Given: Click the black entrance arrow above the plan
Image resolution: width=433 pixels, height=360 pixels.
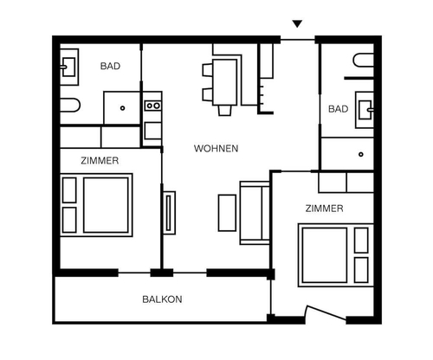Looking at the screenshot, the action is pos(297,23).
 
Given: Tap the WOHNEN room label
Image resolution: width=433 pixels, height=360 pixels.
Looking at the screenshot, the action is pos(216,149).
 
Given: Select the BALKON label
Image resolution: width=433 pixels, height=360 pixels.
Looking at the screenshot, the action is pos(162,299).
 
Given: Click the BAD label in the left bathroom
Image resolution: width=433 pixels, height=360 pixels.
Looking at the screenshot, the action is pos(110,66).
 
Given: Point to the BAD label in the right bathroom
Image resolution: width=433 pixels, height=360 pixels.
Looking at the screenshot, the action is pos(339,109).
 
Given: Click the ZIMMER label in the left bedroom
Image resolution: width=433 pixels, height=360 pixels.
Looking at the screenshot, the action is pos(100,161).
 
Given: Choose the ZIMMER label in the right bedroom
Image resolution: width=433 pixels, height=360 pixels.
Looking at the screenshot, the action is pos(325,209).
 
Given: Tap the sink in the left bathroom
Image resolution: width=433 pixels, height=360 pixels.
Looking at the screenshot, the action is pos(69,67).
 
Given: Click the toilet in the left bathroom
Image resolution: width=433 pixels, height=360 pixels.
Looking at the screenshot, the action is pos(69,105).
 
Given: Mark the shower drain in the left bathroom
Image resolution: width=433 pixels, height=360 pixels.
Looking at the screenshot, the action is pos(122,108).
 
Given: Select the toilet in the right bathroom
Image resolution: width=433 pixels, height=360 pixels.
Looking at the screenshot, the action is pos(364,61).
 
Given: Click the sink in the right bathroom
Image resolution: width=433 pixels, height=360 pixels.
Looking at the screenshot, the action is pos(365,110).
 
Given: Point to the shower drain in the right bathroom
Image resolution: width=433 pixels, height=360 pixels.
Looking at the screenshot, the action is pos(361,154).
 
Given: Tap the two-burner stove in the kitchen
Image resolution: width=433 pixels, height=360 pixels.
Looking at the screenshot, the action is pos(152,106).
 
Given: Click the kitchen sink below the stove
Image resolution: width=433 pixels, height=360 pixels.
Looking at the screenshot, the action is pos(152,131).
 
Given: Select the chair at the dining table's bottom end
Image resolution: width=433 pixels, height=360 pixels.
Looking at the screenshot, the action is pos(224,111).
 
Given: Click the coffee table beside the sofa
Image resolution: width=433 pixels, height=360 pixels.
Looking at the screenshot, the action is pos(227,213).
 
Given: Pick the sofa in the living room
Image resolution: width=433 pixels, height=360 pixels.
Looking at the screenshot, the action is pos(255,213).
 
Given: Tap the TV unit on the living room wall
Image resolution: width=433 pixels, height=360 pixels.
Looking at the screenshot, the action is pos(169,213).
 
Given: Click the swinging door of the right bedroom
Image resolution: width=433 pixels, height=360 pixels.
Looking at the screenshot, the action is pos(326,312).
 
